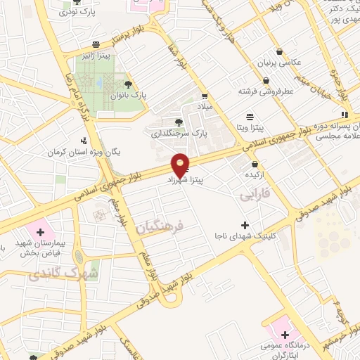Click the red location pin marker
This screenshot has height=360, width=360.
click(181, 165)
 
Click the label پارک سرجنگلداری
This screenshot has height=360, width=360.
click(181, 131)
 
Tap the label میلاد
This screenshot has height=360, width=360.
click(204, 105)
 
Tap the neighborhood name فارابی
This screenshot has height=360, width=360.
click(254, 193)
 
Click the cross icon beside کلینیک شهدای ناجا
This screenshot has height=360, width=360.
click(245, 225)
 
